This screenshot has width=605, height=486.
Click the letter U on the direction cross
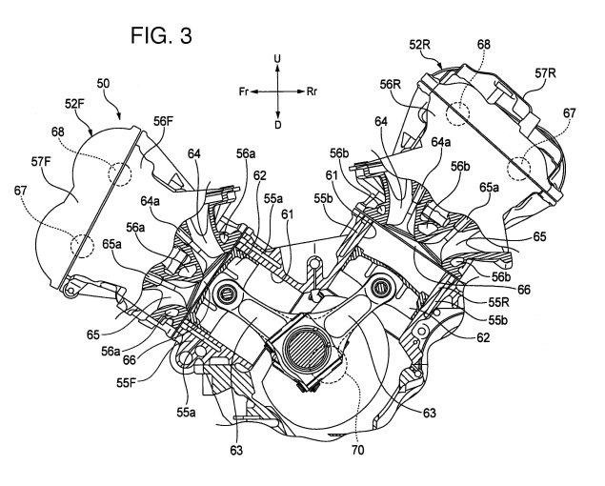(278, 59)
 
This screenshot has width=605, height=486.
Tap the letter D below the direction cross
(278, 126)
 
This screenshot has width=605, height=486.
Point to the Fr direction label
(245, 91)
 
